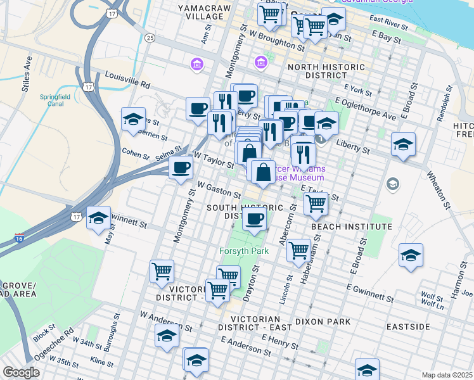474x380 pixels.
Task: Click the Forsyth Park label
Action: pos(245,251)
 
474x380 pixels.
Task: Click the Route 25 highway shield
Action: pos(150,38)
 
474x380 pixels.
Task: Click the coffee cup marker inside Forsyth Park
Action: pos(255,220)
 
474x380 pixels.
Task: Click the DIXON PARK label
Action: pos(327,322)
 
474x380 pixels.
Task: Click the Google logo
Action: pos(21,372)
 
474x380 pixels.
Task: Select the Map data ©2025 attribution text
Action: pos(447,375)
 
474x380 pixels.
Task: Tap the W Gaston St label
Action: pos(219,189)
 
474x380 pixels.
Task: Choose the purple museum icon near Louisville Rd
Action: pos(196,64)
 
